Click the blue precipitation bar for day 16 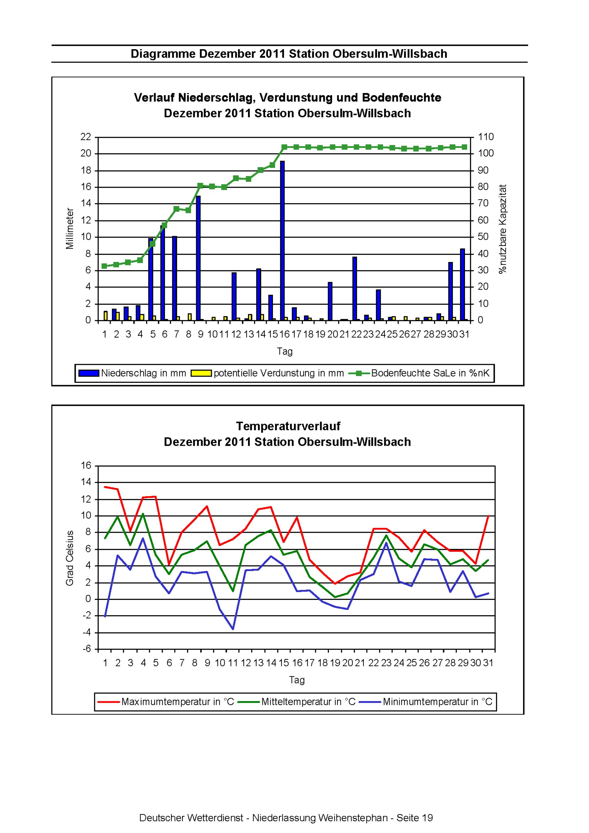coord(282,240)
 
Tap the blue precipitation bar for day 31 coord(462,284)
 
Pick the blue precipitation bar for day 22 coord(355,288)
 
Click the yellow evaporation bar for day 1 coord(105,316)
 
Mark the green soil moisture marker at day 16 coord(284,147)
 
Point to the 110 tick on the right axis coord(486,137)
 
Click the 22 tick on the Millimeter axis coord(86,137)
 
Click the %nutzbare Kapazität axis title coord(503,229)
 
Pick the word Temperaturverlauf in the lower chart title coord(288,426)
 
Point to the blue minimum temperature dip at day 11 coord(233,629)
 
